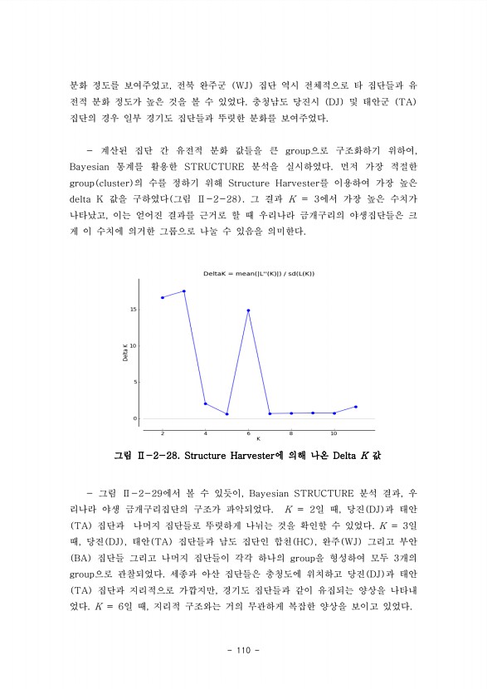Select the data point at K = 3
coord(184,291)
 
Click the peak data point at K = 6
coord(248,310)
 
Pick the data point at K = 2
coord(163,297)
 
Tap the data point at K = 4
coord(205,403)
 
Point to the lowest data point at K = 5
coord(226,414)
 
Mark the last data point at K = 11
coord(355,407)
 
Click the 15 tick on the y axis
coord(133,310)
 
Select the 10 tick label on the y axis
coord(133,346)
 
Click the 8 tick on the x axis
coord(290,433)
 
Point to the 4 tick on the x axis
coord(205,433)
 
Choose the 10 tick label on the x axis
coord(334,433)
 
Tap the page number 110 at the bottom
coord(243,649)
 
